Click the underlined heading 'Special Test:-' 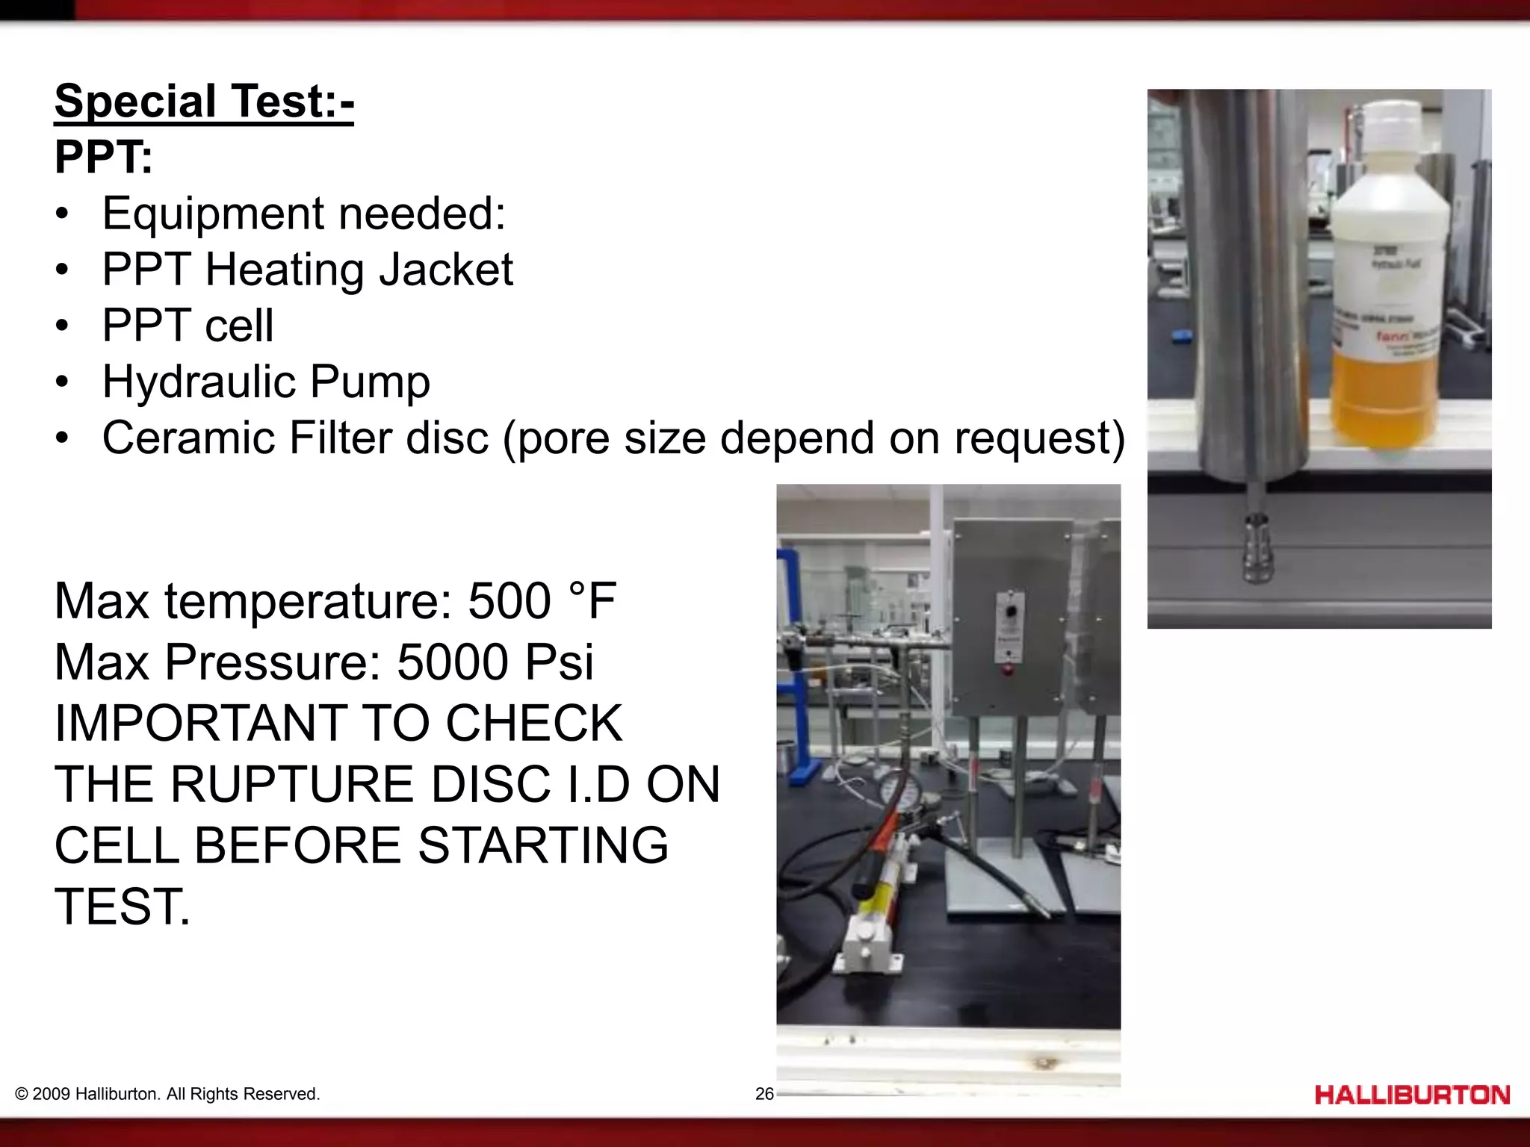point(204,101)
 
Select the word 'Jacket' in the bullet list point(446,270)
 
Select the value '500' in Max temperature point(510,601)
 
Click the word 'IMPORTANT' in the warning point(200,724)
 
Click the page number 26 point(764,1094)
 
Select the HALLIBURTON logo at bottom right point(1412,1095)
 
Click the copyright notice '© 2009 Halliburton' point(167,1094)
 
